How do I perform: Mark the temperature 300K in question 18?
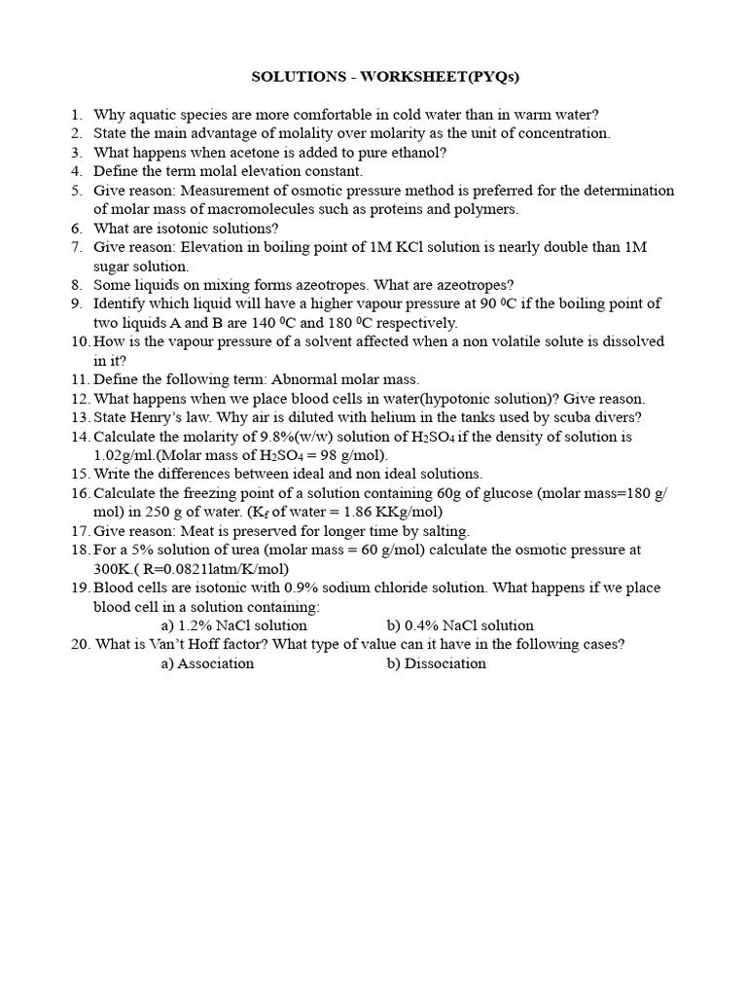113,569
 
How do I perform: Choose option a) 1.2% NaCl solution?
233,625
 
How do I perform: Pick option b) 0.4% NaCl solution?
459,625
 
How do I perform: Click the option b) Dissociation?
436,663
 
